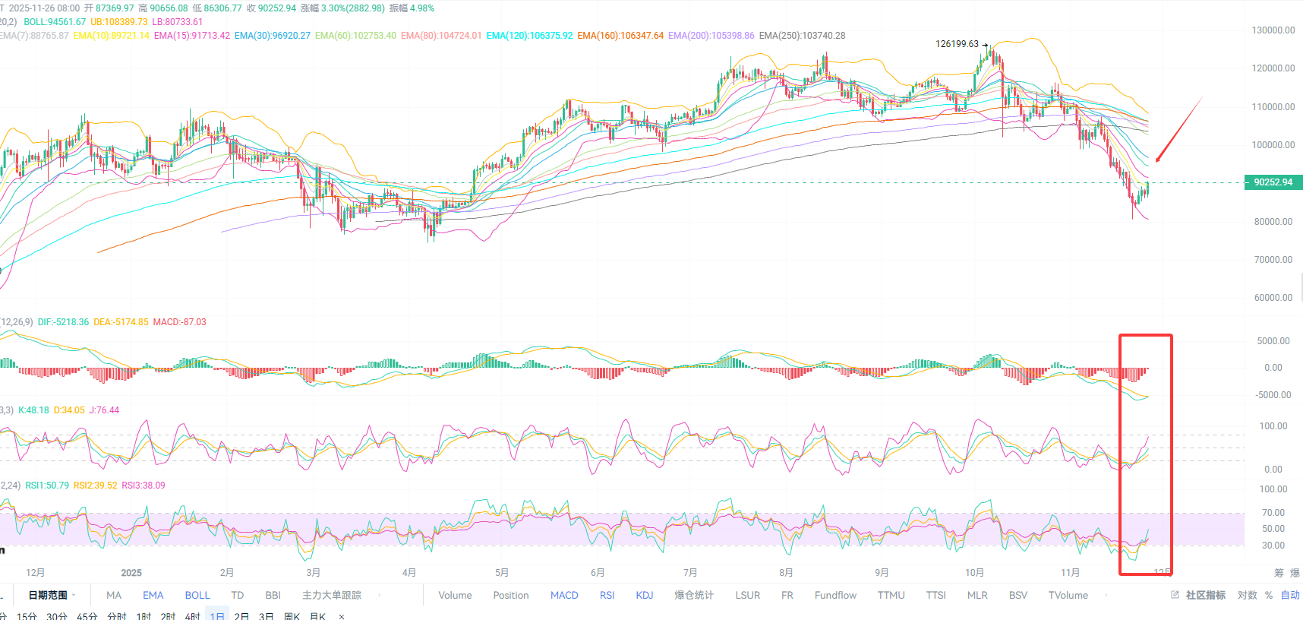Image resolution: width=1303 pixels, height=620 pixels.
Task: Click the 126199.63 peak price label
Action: coord(957,44)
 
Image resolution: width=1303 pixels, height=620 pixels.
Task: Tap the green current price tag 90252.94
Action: coord(1273,182)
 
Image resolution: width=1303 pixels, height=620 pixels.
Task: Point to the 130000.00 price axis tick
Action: coord(1273,30)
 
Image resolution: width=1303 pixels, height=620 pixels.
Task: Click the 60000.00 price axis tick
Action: coord(1273,298)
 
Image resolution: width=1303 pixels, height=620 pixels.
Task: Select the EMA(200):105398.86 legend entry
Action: coord(711,36)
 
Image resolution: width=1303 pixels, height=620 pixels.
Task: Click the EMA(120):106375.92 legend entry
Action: coord(529,36)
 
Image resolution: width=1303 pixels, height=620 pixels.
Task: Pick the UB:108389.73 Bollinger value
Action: coord(118,22)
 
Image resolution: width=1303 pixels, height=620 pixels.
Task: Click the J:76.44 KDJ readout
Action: coord(104,410)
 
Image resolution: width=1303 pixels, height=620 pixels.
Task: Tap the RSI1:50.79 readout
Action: coord(47,486)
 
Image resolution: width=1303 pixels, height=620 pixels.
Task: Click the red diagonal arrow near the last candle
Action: coord(1178,130)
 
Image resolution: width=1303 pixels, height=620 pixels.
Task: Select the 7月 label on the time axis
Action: coord(689,573)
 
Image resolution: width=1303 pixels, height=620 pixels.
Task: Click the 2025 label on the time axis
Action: coord(131,573)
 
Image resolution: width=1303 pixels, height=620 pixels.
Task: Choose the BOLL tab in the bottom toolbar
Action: coord(197,596)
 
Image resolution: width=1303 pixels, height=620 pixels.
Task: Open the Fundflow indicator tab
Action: coord(835,596)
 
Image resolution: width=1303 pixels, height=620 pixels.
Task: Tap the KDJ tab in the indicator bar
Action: coord(644,596)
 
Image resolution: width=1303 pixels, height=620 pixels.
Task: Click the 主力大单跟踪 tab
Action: coord(331,596)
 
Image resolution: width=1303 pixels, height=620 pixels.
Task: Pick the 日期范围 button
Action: coord(48,596)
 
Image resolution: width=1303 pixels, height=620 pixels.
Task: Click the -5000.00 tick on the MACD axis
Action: coord(1273,395)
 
